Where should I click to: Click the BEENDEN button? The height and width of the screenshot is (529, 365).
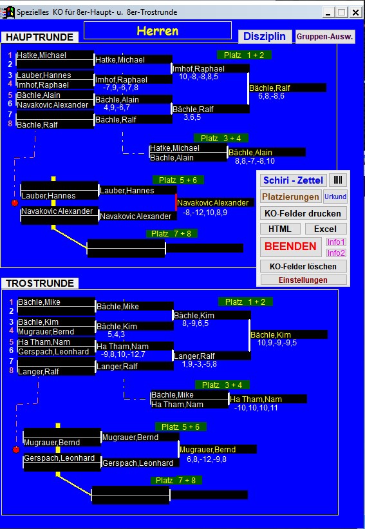point(290,246)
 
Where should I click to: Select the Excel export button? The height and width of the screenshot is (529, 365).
point(325,229)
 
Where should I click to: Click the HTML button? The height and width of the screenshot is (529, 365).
point(280,229)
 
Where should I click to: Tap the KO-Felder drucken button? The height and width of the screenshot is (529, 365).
point(303,213)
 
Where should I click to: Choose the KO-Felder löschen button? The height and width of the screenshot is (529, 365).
point(303,267)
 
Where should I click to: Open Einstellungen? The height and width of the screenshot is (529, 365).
point(303,280)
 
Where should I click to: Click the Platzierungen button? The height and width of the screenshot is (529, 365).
point(290,197)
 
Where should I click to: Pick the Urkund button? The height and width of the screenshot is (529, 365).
point(335,197)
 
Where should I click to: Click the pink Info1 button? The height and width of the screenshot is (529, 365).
point(336,242)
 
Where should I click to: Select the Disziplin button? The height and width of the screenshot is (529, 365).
point(265,37)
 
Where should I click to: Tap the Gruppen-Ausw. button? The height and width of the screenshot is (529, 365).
point(325,37)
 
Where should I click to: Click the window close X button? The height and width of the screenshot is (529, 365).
point(355,12)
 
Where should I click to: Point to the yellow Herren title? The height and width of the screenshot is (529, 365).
point(157,31)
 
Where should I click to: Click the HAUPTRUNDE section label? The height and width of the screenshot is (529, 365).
point(39,37)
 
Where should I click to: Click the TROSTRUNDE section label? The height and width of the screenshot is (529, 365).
point(40,283)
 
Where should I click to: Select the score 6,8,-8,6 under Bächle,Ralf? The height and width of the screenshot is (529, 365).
point(271,96)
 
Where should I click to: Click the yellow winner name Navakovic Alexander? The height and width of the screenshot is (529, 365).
point(212,203)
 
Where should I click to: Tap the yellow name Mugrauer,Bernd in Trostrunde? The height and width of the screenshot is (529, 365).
point(208,449)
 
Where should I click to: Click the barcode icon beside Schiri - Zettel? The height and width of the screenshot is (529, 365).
point(338,180)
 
